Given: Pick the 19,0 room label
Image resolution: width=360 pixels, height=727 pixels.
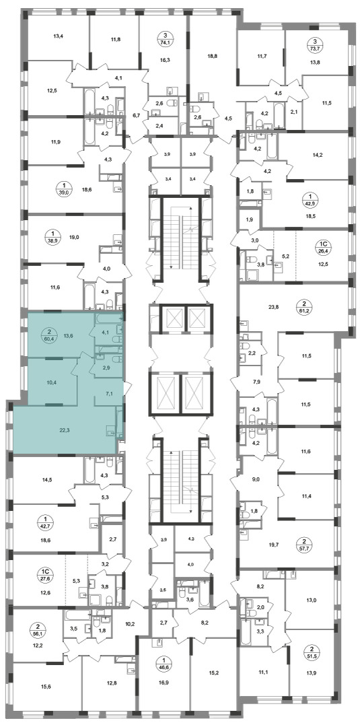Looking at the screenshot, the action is (x=75, y=237).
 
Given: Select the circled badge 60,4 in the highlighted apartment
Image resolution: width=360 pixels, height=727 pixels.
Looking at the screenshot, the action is (x=49, y=335).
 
